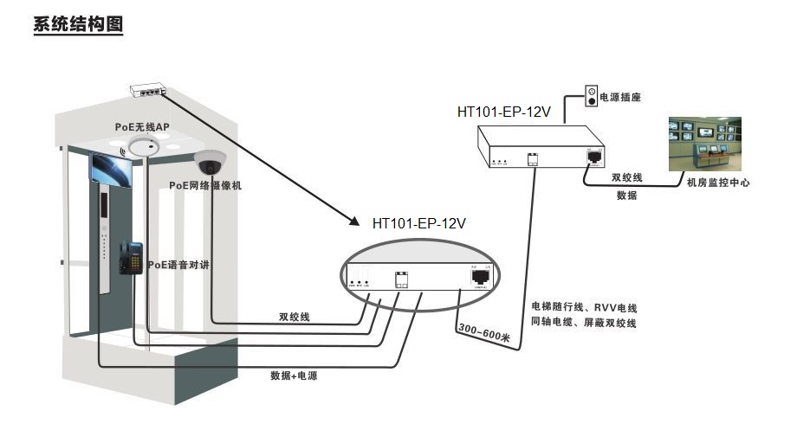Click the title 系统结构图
tap(78, 24)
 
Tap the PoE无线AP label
tap(142, 126)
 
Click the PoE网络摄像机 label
tap(205, 185)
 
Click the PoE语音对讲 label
tap(178, 264)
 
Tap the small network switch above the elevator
tap(149, 88)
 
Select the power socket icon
tap(592, 95)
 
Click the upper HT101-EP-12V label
tap(504, 111)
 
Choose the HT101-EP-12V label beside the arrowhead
tap(419, 222)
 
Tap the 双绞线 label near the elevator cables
tap(295, 317)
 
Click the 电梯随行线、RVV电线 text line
tap(584, 307)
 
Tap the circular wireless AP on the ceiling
tap(143, 148)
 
